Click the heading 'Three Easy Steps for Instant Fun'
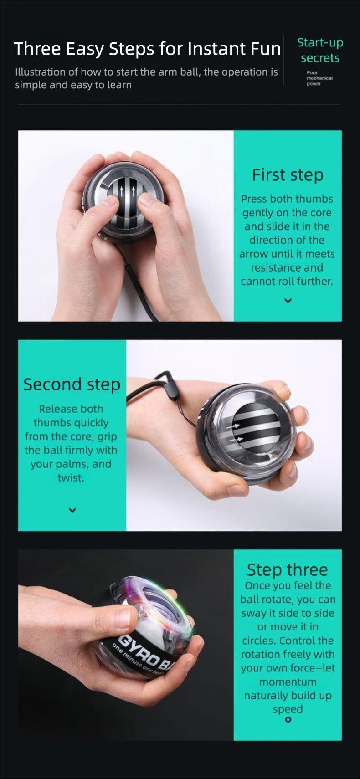pos(147,49)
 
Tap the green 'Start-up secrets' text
pos(320,51)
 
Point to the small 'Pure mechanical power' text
pos(319,78)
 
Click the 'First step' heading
pos(288,175)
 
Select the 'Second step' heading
pos(72,384)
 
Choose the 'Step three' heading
pos(287,570)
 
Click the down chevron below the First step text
pos(288,301)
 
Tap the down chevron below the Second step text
pos(72,510)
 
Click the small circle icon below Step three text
pos(288,720)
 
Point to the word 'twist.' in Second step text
pos(71,478)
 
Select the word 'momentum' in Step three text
pos(288,682)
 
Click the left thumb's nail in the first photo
pos(111,200)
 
